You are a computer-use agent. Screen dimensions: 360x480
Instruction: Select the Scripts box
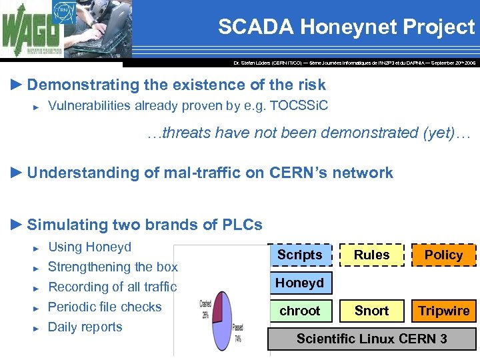299,255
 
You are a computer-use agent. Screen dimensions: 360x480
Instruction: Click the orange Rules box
371,255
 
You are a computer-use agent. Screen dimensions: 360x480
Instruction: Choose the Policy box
443,255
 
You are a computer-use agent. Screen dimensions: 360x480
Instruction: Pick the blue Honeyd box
299,283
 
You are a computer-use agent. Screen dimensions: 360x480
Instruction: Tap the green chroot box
299,311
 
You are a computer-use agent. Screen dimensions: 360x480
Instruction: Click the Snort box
371,311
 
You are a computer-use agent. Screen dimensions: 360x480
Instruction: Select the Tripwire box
443,311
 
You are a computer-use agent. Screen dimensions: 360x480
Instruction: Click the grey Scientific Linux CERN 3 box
371,339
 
